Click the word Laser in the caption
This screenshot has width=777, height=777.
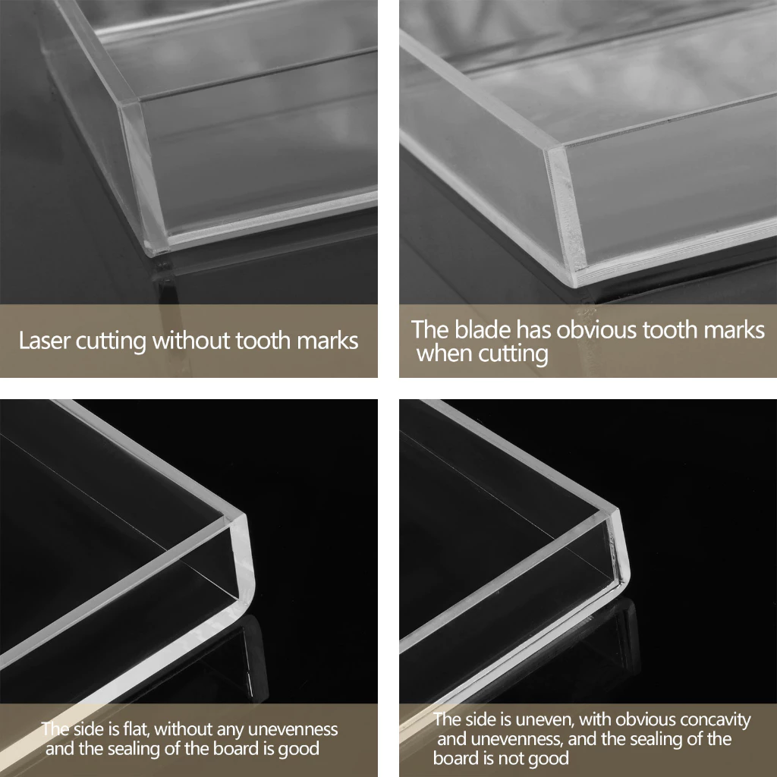pos(44,341)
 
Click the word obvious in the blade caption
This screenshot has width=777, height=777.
pos(596,330)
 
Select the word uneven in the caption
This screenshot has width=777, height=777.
pos(542,719)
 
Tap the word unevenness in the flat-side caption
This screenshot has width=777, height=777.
pos(292,729)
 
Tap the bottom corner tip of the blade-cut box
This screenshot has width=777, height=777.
pos(575,285)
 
